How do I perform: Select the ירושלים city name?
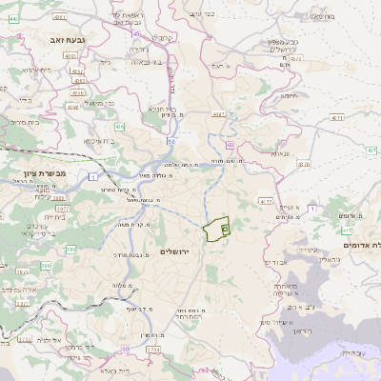176,251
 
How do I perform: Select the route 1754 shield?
153,351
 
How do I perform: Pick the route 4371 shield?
336,118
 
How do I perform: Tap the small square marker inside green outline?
225,228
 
